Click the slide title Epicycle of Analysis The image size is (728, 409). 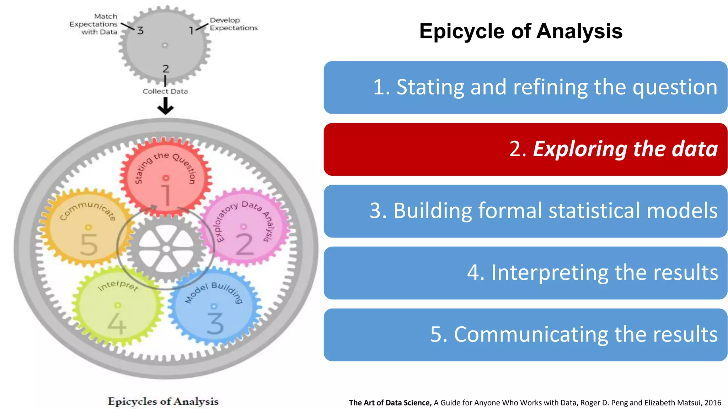[x=520, y=31]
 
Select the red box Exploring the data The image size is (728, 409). [x=525, y=149]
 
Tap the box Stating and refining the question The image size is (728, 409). [x=525, y=87]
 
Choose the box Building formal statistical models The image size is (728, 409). [x=525, y=211]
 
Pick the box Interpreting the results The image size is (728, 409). [x=525, y=273]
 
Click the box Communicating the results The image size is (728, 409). [x=525, y=334]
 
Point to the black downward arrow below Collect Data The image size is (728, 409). [x=165, y=106]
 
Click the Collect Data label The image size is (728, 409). [x=165, y=92]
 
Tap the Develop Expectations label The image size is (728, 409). [x=233, y=24]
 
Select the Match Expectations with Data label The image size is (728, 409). [x=94, y=24]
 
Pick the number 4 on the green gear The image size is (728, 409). [x=117, y=324]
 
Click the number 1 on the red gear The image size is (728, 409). [x=166, y=195]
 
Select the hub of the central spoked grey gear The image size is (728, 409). [x=166, y=249]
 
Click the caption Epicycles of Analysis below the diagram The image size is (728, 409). [x=163, y=402]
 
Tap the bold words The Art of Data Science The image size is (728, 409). [x=390, y=403]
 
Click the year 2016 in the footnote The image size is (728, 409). [x=712, y=403]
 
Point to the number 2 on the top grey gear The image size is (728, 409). [x=166, y=69]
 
